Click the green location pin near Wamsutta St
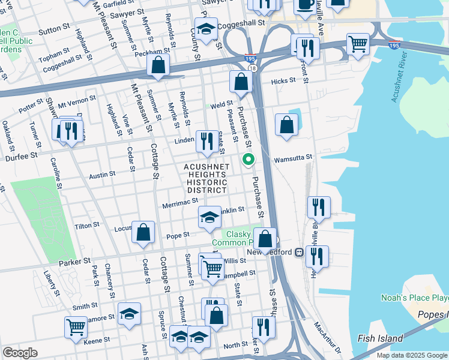click(x=247, y=160)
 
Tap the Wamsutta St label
click(x=293, y=158)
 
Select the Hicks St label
click(x=283, y=80)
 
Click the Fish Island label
click(x=381, y=338)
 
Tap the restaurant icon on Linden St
click(x=207, y=142)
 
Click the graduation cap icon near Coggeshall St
click(x=206, y=29)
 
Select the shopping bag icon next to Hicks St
click(x=241, y=82)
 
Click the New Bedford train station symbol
click(x=297, y=252)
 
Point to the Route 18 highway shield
click(x=253, y=69)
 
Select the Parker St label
click(x=74, y=262)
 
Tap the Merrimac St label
click(x=181, y=205)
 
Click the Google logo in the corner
click(x=20, y=353)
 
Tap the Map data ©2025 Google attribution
click(x=412, y=355)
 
